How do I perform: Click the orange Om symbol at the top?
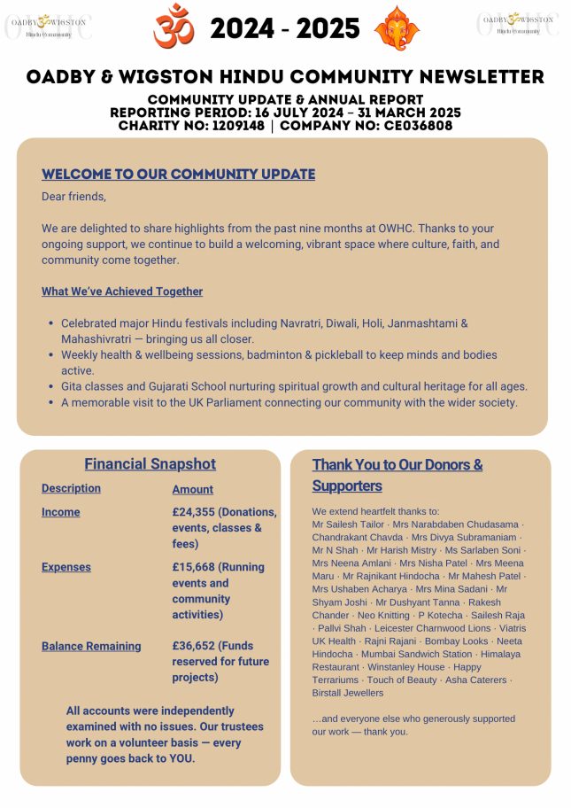click(x=174, y=27)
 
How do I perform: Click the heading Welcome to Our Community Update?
click(x=178, y=174)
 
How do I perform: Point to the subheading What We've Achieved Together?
click(x=122, y=291)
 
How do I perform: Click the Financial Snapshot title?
click(x=150, y=464)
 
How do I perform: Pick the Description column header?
click(x=71, y=488)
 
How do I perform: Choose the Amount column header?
click(x=193, y=489)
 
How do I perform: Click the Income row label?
click(x=60, y=512)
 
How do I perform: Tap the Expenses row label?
click(x=66, y=567)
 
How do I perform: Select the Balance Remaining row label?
click(x=91, y=646)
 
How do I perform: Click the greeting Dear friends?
click(x=73, y=197)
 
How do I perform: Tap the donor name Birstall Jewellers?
click(x=348, y=693)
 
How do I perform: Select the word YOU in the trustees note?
click(x=180, y=758)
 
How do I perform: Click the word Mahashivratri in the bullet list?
click(x=98, y=339)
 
